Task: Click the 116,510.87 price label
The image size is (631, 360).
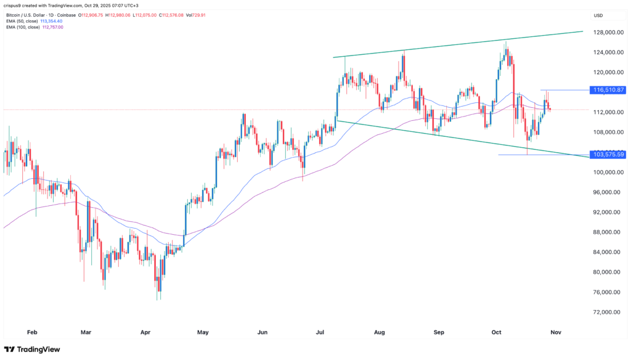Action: pos(609,90)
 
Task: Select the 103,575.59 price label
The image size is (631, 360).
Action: pos(609,154)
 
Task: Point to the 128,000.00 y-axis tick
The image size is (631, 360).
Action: pos(606,33)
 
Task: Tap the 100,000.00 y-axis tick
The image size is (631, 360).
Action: pos(606,172)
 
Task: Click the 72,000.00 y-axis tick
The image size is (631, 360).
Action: pos(606,312)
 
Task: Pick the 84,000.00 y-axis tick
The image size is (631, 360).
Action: pos(606,252)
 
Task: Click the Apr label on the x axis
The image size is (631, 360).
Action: pos(145,332)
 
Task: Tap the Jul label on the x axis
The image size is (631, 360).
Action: pos(320,332)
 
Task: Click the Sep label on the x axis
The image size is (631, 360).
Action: pos(439,332)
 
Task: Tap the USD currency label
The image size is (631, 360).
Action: pos(598,15)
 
